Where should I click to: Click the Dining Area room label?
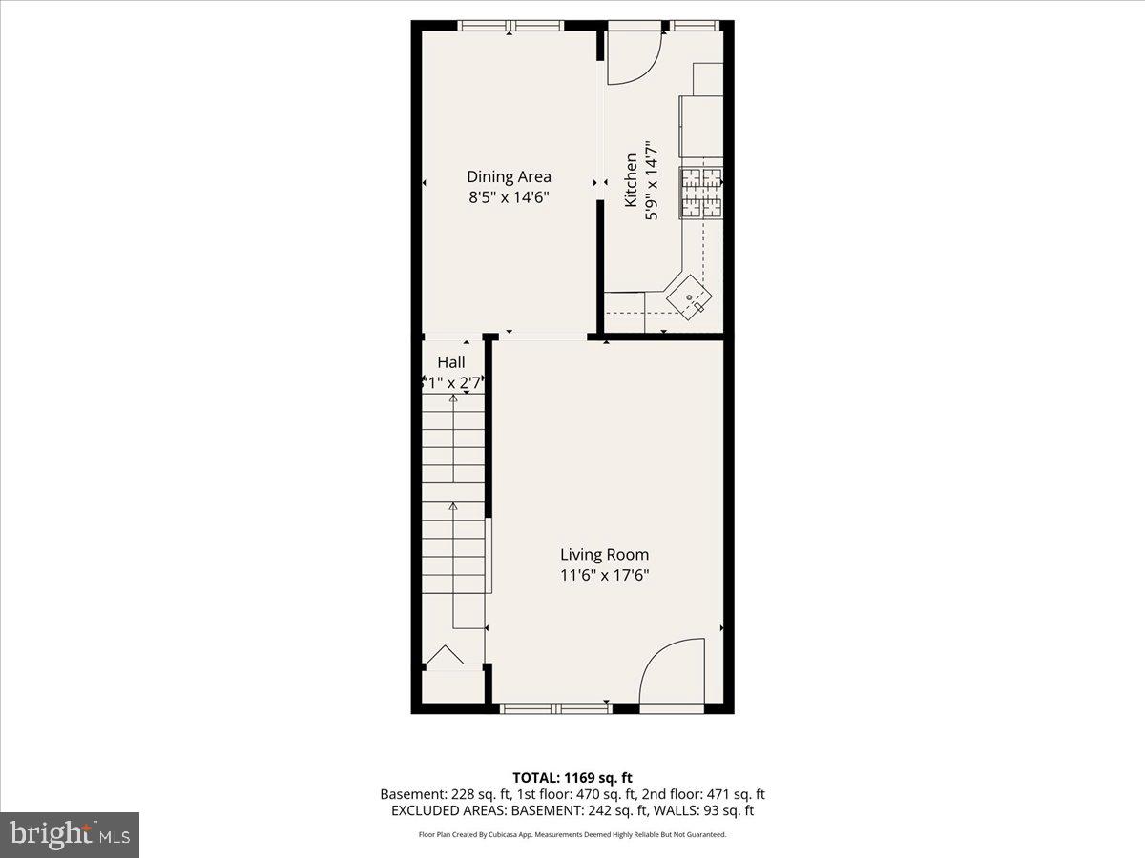click(x=509, y=176)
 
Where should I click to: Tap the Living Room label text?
click(x=604, y=554)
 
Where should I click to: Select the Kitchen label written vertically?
click(x=631, y=181)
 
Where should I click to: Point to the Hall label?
click(x=451, y=362)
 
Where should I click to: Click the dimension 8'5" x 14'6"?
click(x=509, y=198)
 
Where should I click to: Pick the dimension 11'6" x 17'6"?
click(x=604, y=575)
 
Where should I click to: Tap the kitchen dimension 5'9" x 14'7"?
click(x=653, y=181)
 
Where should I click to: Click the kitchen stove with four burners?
click(x=701, y=193)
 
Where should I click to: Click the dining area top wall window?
click(x=508, y=26)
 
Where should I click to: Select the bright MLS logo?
click(x=70, y=834)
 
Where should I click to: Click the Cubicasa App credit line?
click(x=572, y=835)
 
